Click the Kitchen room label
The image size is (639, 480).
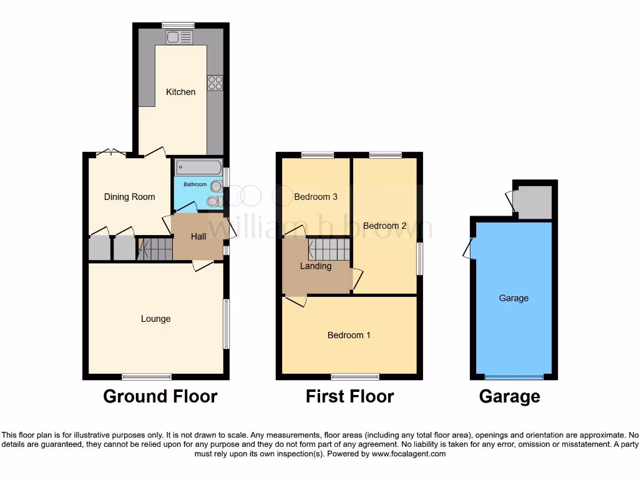(x=180, y=92)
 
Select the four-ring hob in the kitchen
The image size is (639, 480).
(x=215, y=83)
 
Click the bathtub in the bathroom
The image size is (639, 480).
(x=198, y=167)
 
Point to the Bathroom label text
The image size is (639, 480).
(x=195, y=184)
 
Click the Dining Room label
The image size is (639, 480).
(x=129, y=197)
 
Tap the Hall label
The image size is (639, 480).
(x=198, y=236)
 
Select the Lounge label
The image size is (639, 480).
(x=155, y=319)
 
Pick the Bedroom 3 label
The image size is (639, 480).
(x=316, y=197)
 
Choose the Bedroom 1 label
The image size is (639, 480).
(x=349, y=335)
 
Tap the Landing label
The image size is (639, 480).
(x=316, y=266)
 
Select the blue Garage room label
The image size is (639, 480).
(x=514, y=298)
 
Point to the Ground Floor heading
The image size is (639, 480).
(x=160, y=396)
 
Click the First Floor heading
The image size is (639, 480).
(x=349, y=396)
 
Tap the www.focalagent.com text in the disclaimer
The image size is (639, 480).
(x=409, y=454)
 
